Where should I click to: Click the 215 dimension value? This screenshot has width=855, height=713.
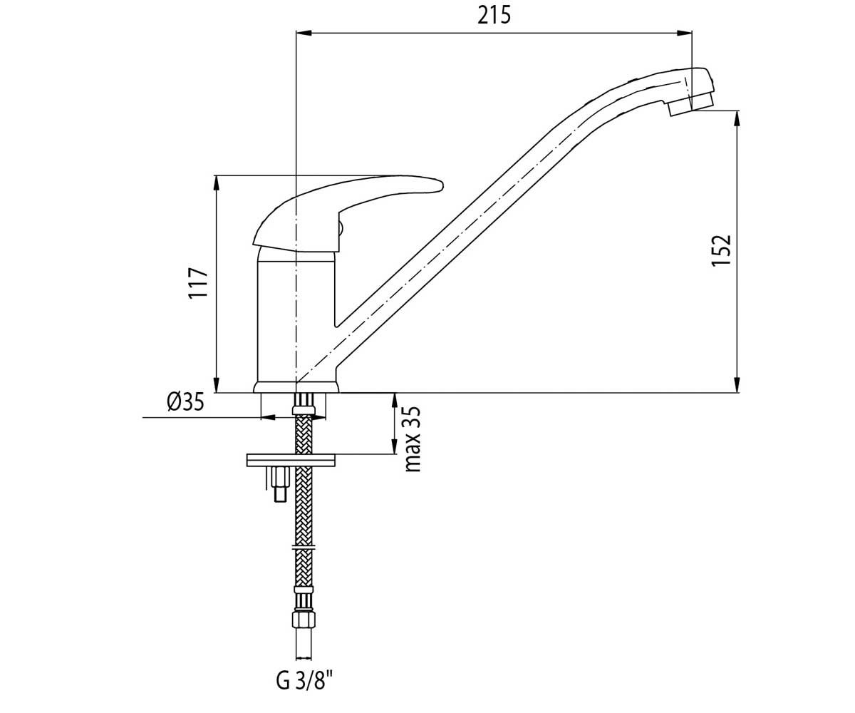pyautogui.click(x=494, y=16)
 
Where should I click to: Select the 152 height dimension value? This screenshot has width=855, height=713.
pyautogui.click(x=721, y=250)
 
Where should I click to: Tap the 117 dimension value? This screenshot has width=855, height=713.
pyautogui.click(x=199, y=283)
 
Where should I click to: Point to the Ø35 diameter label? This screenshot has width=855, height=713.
pyautogui.click(x=185, y=402)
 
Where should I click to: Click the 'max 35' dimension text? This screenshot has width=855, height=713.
pyautogui.click(x=413, y=439)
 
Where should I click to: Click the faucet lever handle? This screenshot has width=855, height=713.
pyautogui.click(x=348, y=213)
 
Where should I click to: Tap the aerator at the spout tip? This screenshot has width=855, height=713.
pyautogui.click(x=691, y=106)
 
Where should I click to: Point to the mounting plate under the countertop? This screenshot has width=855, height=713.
pyautogui.click(x=291, y=460)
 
